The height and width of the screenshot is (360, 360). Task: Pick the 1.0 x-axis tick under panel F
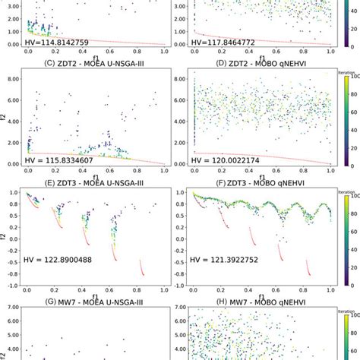pyautogui.click(x=330, y=291)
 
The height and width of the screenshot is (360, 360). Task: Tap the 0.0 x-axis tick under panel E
pyautogui.click(x=27, y=291)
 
